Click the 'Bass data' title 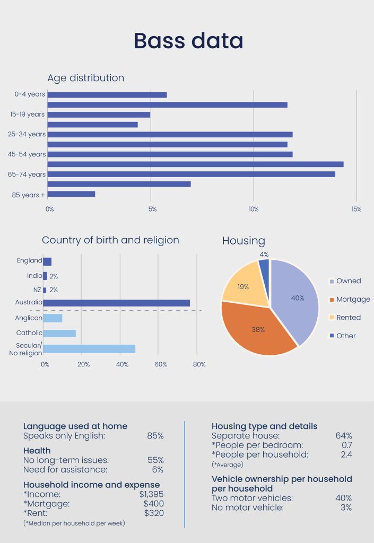coord(188,41)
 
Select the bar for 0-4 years coord(107,95)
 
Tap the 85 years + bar coord(71,194)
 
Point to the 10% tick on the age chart coord(254,209)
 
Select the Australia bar coord(116,303)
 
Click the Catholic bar coord(59,334)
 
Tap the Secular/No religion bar coord(89,348)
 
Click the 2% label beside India coord(54,276)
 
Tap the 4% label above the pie coord(264,255)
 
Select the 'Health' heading coord(37,451)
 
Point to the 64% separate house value coord(344,436)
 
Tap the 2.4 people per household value coord(347,454)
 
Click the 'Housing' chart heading coord(243,241)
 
